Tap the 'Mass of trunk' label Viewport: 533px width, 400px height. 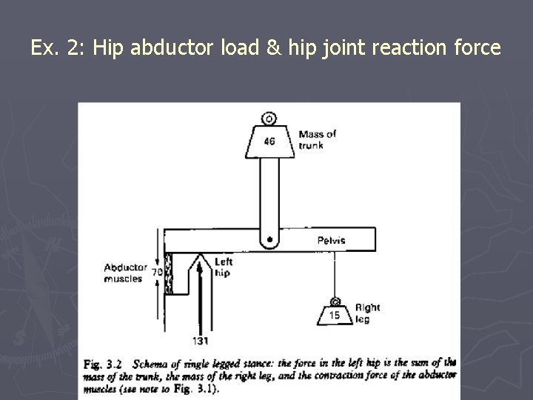(x=316, y=139)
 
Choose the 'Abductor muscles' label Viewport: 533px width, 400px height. (x=124, y=273)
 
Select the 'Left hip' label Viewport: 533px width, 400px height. (x=223, y=267)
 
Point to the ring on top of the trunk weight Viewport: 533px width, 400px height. (x=269, y=118)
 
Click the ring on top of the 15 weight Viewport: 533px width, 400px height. (x=335, y=301)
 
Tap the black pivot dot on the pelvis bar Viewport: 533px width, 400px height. (x=269, y=239)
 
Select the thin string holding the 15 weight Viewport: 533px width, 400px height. (x=335, y=274)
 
